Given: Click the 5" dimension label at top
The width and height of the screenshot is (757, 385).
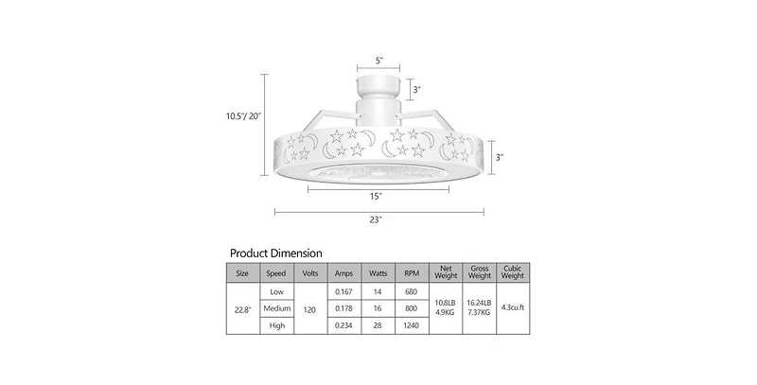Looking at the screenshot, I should [378, 61].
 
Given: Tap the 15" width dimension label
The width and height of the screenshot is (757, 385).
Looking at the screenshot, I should [377, 196].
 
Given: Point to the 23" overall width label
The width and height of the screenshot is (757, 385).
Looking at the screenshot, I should [377, 219].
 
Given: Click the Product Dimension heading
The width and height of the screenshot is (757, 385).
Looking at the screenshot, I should [276, 254].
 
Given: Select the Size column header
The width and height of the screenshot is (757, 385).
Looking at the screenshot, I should [242, 273].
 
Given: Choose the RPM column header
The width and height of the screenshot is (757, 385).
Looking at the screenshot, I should [412, 273].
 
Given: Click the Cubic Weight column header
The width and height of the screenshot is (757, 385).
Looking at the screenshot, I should [512, 273].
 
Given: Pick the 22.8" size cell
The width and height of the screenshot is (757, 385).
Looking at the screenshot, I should [242, 307].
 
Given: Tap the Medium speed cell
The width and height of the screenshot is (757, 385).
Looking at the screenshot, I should [276, 307].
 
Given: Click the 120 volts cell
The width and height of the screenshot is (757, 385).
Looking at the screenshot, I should [310, 307].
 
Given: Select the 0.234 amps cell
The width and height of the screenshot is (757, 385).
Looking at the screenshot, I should [343, 324].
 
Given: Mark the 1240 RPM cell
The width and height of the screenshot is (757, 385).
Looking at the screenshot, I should [412, 324].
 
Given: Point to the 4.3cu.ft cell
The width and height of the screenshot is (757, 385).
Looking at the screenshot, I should [512, 307].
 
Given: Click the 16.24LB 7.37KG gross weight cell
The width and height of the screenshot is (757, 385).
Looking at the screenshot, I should [480, 307].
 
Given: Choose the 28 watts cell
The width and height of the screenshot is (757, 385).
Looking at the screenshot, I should [378, 324].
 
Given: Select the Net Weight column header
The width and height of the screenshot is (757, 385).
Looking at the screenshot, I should [447, 273].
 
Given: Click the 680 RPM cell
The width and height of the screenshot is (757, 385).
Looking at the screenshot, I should [412, 291].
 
